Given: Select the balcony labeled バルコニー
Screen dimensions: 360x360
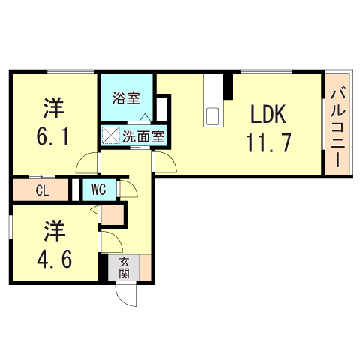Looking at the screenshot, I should [x=337, y=124].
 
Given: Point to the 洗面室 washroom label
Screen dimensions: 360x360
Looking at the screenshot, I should [x=143, y=137].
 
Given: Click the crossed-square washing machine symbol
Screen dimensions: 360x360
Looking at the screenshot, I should [x=111, y=137].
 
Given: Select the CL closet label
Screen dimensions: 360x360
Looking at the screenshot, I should [x=42, y=190].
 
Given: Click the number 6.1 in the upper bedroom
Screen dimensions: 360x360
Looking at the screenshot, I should [x=52, y=138].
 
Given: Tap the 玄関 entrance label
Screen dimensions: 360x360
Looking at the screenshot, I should [x=124, y=268].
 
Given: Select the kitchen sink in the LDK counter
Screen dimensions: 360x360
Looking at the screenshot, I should [x=212, y=116].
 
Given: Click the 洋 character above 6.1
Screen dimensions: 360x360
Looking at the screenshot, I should [x=52, y=109].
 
